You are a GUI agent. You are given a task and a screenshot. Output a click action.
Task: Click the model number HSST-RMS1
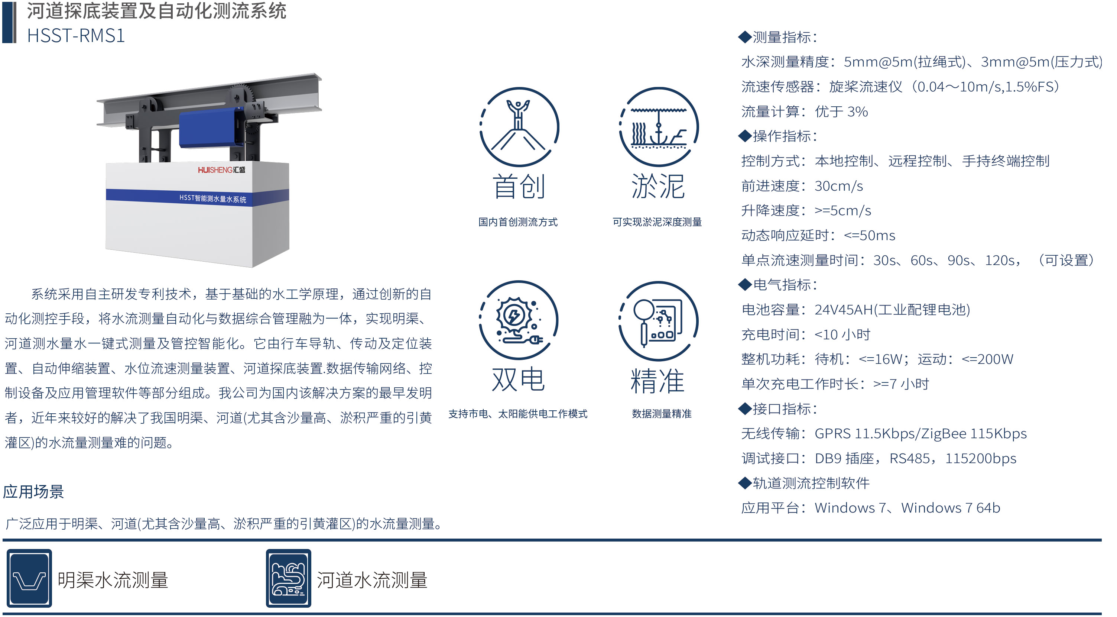click(76, 36)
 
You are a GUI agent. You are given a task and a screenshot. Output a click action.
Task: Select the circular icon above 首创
click(519, 127)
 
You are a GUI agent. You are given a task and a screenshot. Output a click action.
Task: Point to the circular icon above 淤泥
click(659, 127)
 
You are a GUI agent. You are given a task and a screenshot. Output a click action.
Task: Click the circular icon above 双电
click(519, 320)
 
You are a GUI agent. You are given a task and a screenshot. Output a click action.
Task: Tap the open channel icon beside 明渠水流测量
click(29, 578)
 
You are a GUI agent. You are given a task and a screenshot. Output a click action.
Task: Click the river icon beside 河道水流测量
click(288, 578)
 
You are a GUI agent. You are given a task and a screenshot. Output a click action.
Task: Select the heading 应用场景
click(33, 492)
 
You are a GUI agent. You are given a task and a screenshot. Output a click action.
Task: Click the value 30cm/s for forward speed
click(839, 186)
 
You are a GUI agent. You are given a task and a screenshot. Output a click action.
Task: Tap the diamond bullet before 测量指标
click(744, 37)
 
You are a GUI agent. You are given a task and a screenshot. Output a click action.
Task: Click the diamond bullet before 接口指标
click(744, 409)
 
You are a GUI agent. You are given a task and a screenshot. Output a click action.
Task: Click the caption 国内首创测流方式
click(518, 222)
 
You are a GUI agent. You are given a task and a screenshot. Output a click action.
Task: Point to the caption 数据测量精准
click(661, 414)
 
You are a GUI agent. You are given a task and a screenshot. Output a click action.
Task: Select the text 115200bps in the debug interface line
click(980, 459)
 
